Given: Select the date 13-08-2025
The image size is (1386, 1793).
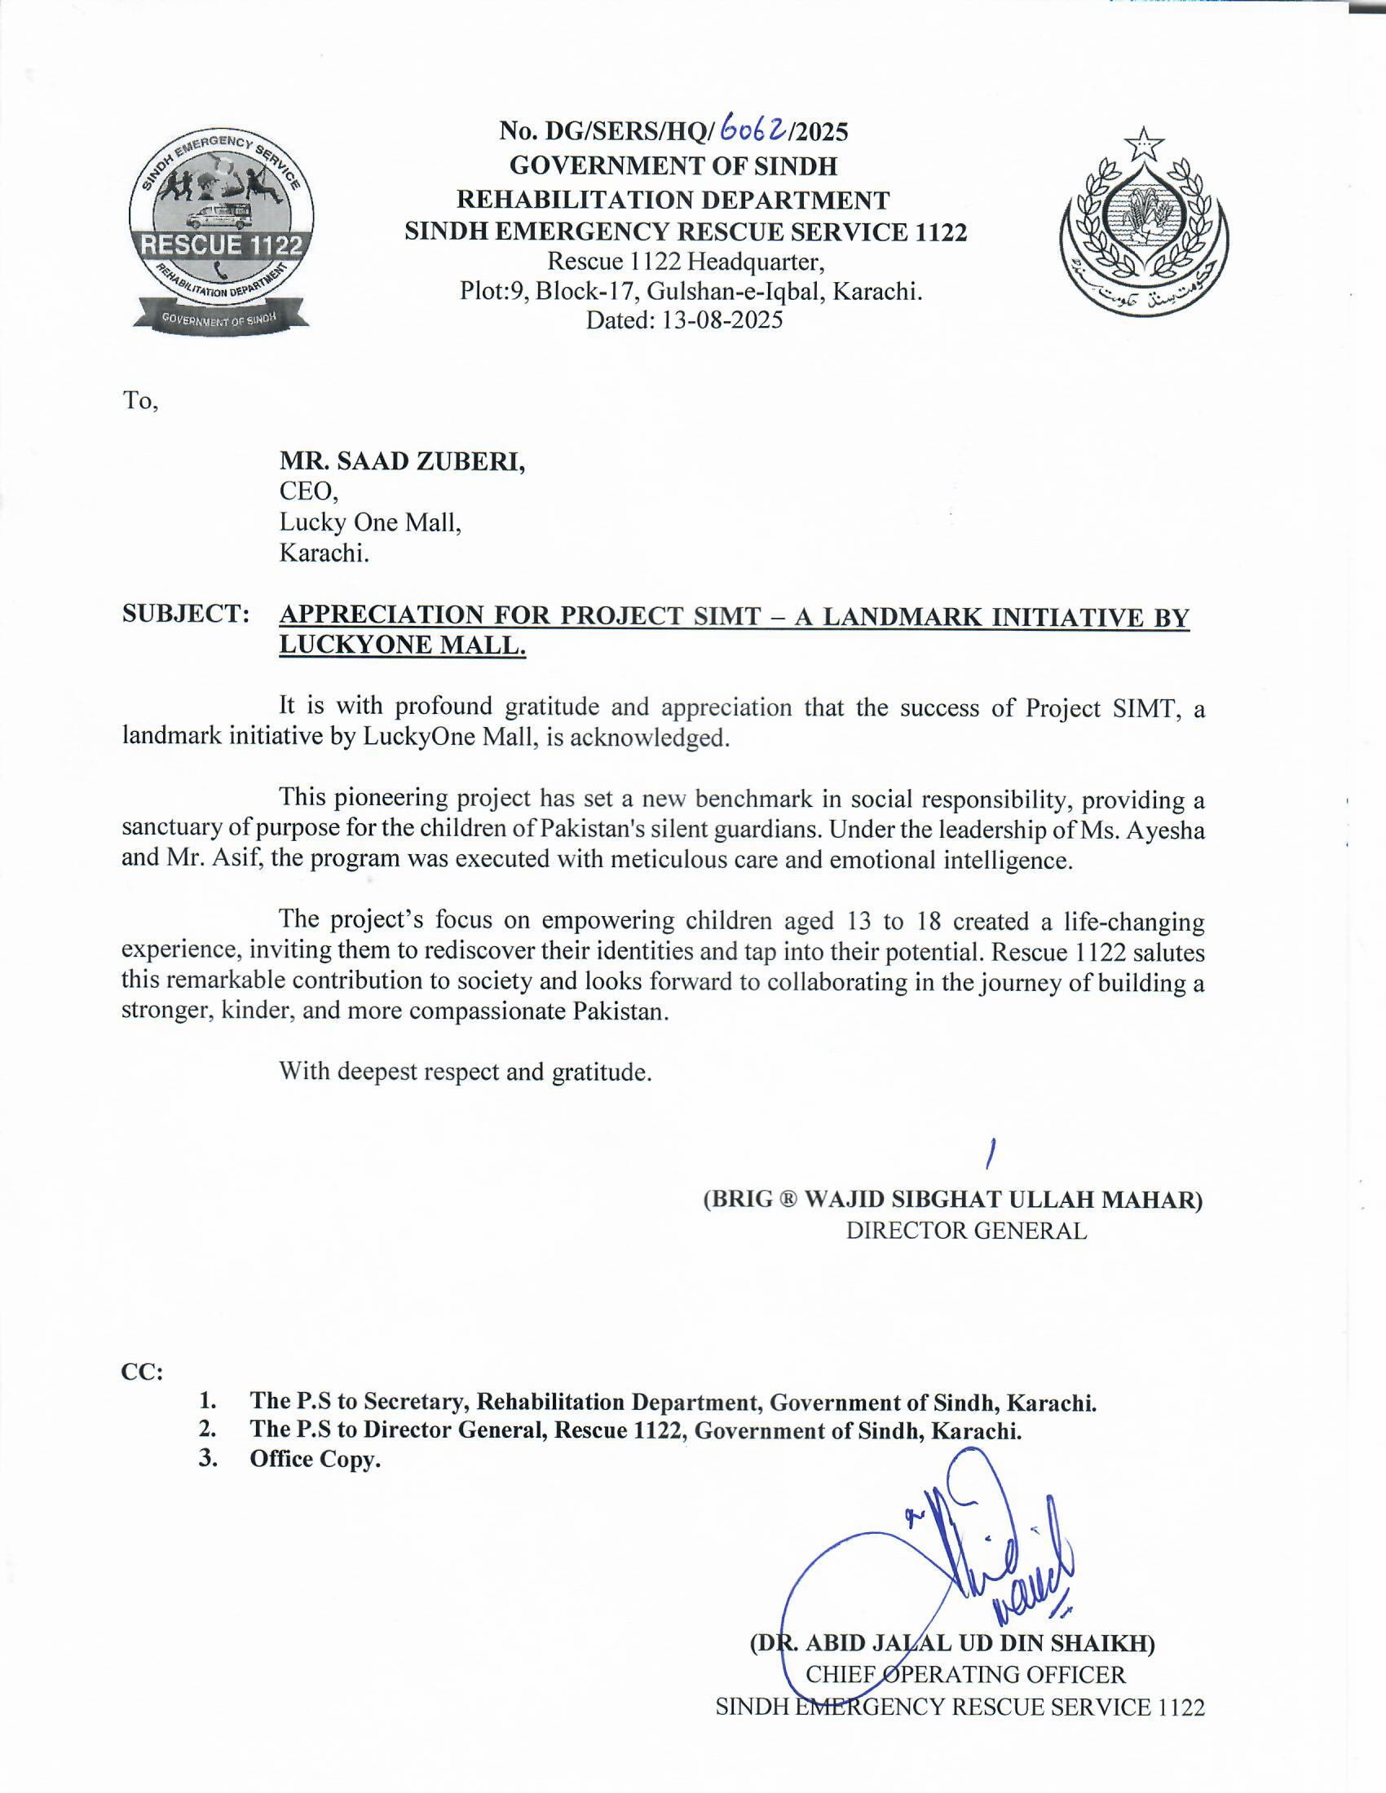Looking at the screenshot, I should (x=722, y=319).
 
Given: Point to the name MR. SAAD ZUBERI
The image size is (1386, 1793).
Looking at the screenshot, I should (x=402, y=461).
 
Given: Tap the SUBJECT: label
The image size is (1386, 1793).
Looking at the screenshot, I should (x=186, y=613).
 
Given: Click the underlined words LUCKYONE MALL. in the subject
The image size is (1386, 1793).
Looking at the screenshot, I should (x=402, y=645).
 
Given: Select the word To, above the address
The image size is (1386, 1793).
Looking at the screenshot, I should (x=139, y=401).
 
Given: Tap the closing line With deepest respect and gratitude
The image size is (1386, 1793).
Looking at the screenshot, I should (x=465, y=1072).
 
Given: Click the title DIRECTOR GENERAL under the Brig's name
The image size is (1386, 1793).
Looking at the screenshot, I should (x=966, y=1231).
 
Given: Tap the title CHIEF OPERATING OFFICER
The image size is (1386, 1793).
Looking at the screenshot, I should (x=965, y=1674).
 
